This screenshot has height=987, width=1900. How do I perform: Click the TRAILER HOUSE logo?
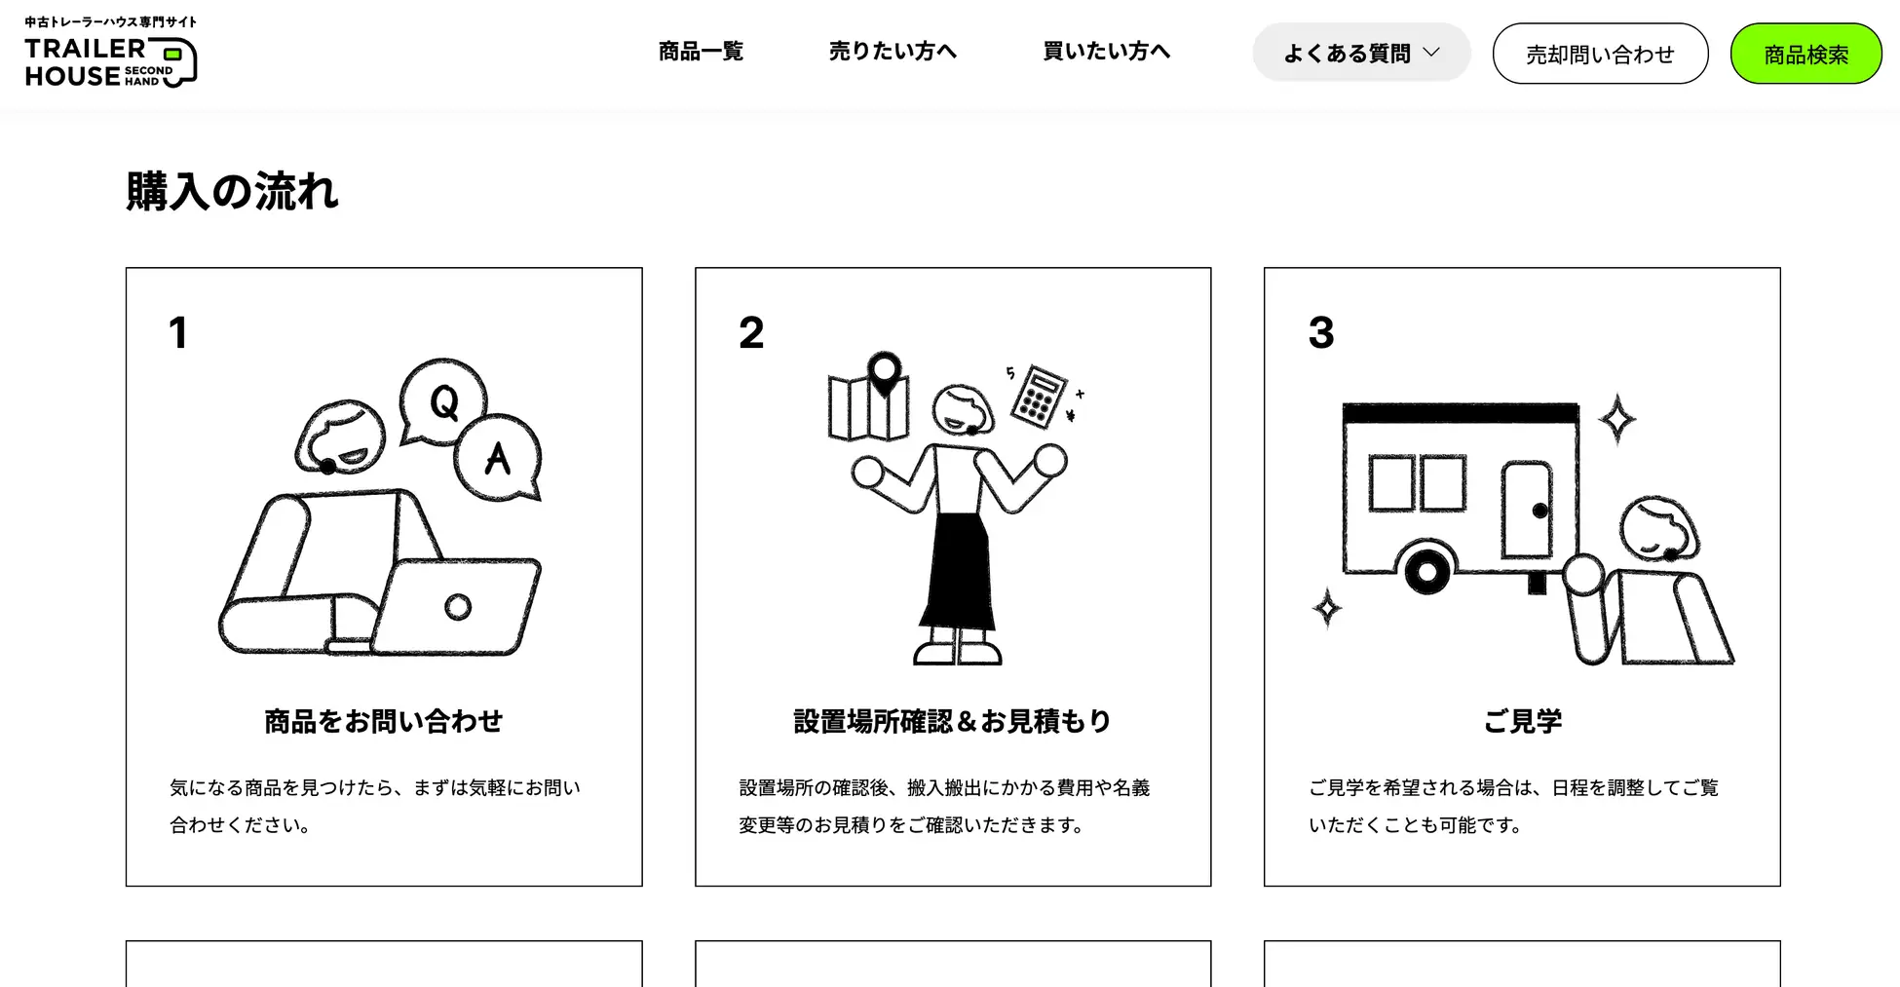[x=111, y=53]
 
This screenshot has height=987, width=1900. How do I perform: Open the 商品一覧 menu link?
[x=701, y=52]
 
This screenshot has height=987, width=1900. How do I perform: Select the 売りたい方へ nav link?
[x=893, y=52]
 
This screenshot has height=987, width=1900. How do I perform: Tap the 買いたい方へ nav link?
[x=1107, y=52]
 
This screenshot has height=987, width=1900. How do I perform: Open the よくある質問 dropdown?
[x=1361, y=53]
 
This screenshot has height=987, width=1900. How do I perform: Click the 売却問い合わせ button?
[x=1600, y=54]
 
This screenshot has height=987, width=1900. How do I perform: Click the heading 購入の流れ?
[x=232, y=191]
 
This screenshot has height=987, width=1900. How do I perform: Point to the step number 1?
[x=177, y=333]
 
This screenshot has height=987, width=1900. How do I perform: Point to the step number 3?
[x=1321, y=333]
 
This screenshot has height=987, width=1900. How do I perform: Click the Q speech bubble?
[x=443, y=400]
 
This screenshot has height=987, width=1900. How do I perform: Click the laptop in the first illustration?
[x=456, y=606]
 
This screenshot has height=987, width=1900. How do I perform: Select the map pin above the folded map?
[x=885, y=373]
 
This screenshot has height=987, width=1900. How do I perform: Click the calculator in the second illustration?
[x=1039, y=396]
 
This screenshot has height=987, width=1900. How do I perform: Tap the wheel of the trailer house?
[x=1427, y=572]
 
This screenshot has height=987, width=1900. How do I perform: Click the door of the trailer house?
[x=1527, y=510]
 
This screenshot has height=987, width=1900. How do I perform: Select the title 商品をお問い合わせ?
[x=384, y=721]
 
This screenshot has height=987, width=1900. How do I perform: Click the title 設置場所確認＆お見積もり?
[x=953, y=721]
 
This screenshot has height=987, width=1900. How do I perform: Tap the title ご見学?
[x=1522, y=721]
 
